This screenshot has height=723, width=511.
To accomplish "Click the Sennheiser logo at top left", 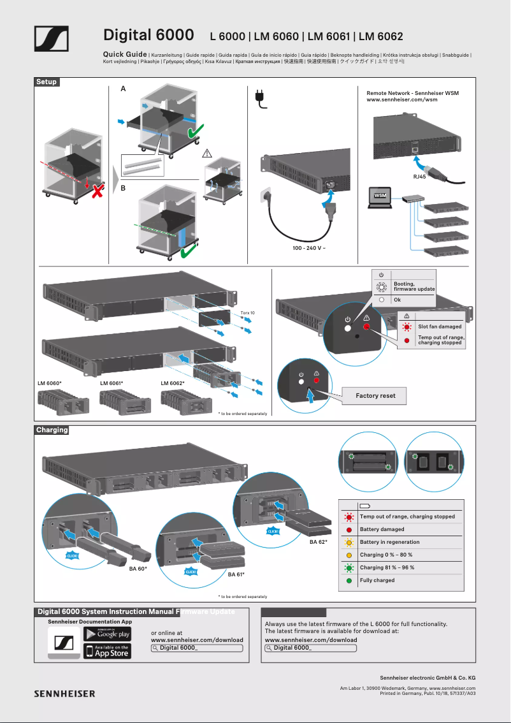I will [x=51, y=39].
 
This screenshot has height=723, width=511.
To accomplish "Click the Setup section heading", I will [x=47, y=82].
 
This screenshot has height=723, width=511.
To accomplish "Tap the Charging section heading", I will [x=52, y=430].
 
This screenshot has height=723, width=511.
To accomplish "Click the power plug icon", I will [x=260, y=99].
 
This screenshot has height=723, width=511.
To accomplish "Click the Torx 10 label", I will [x=247, y=313].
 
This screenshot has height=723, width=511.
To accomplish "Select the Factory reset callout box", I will [x=375, y=395].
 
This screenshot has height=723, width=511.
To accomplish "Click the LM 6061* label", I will [x=112, y=383].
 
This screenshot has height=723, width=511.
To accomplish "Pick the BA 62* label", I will [x=318, y=542].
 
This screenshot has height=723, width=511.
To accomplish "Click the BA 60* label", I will [x=138, y=567].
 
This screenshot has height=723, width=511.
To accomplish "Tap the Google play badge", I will [x=107, y=634].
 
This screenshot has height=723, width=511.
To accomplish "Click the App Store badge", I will [x=107, y=651].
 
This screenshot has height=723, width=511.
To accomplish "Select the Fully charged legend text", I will [x=377, y=580].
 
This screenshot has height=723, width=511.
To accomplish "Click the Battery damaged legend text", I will [x=382, y=529].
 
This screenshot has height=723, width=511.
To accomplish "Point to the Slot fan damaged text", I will [x=440, y=326].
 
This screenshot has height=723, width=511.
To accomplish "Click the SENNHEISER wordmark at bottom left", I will [x=64, y=694].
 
